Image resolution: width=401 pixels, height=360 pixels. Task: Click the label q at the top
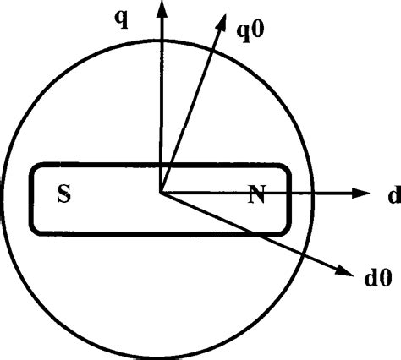[x=122, y=17]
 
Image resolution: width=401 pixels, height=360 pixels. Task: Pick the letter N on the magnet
[x=256, y=196]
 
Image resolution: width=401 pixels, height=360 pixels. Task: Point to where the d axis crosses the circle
[x=315, y=194]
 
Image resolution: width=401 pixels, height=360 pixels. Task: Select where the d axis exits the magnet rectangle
[x=290, y=194]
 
